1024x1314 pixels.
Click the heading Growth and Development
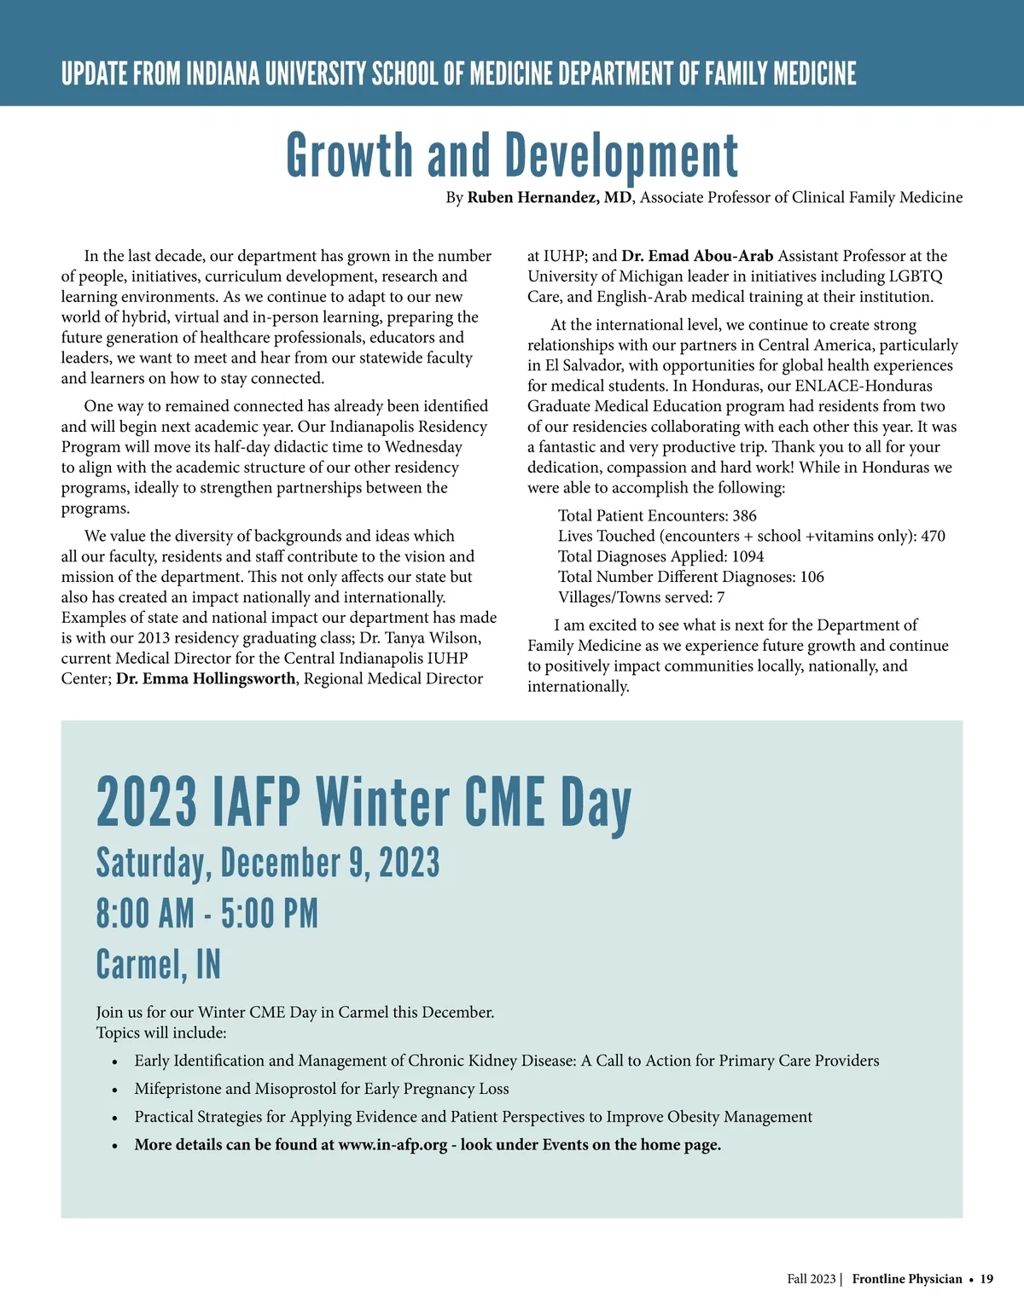[x=512, y=156]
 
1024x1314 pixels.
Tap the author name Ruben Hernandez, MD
[x=550, y=198]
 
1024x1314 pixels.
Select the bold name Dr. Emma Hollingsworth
[x=206, y=679]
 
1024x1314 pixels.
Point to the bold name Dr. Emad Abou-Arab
[x=697, y=256]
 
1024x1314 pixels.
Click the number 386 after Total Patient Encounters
[x=744, y=516]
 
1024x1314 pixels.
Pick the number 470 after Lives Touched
[x=933, y=537]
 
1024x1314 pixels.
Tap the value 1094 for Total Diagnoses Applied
[x=748, y=557]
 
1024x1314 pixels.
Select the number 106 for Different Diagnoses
[x=812, y=578]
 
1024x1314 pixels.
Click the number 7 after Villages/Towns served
[x=720, y=598]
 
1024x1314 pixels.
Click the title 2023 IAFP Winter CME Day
[x=364, y=803]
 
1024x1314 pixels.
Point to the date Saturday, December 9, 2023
[x=268, y=863]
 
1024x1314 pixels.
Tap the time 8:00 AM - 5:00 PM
[x=207, y=914]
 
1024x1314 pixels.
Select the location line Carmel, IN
[x=158, y=965]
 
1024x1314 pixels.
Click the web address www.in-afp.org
[x=393, y=1145]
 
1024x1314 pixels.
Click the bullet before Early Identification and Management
[x=115, y=1062]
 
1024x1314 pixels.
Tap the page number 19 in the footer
[x=986, y=1279]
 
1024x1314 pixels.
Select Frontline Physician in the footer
[x=906, y=1279]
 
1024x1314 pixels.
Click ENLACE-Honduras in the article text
[x=864, y=386]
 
